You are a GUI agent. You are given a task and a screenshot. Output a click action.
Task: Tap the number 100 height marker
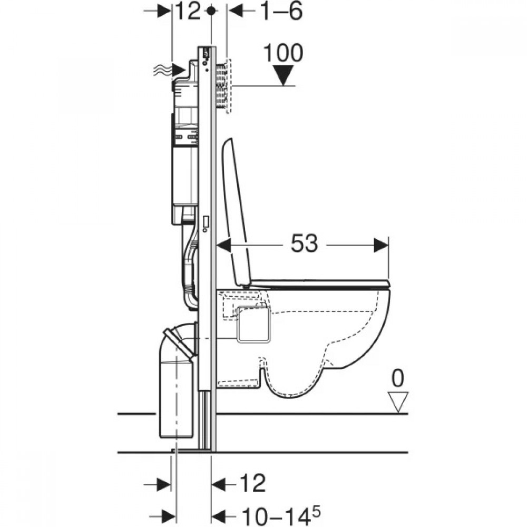coord(283,53)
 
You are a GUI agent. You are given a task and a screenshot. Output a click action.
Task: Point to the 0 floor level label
coord(398,378)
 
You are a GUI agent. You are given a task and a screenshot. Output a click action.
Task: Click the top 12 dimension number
coord(188,11)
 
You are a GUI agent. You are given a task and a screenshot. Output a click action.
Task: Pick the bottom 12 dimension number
coord(252,483)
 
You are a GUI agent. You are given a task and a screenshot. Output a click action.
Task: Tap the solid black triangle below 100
coord(283,75)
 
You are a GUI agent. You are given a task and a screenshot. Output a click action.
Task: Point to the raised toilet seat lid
coord(239,212)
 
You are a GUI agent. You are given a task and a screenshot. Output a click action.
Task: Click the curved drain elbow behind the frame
coord(179,340)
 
